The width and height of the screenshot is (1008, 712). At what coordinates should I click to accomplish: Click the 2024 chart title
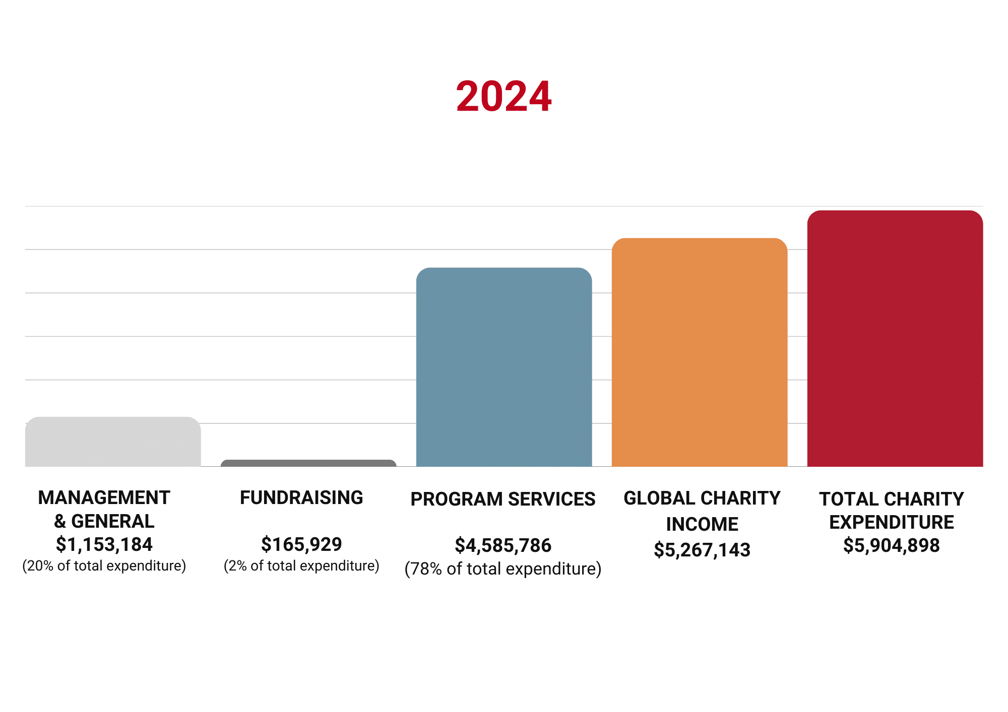(x=503, y=96)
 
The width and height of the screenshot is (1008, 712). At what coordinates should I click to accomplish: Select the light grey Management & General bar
(x=113, y=442)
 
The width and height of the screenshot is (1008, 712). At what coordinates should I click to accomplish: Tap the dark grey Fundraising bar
(x=308, y=463)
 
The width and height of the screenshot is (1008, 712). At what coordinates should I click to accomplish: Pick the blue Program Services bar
(x=504, y=367)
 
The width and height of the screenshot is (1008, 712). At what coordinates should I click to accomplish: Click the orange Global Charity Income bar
(x=700, y=352)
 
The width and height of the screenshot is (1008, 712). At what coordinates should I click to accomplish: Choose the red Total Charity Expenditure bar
(x=895, y=338)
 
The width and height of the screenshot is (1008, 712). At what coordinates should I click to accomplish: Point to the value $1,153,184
(x=104, y=544)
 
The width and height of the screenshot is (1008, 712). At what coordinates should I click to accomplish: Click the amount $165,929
(x=301, y=544)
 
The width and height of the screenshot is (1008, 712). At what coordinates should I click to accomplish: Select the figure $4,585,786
(x=503, y=545)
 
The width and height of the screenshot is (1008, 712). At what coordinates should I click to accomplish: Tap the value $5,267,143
(x=702, y=550)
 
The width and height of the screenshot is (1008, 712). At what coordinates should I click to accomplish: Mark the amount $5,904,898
(x=892, y=545)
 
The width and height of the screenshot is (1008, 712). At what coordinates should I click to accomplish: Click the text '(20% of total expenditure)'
(x=104, y=566)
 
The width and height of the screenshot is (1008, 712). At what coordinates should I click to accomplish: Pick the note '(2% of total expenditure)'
(x=301, y=566)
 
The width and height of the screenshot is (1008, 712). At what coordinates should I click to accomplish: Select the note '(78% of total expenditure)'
(x=503, y=569)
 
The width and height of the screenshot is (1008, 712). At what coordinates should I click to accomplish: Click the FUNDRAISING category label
(x=301, y=497)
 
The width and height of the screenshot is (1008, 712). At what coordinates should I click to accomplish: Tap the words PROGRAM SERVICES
(x=503, y=499)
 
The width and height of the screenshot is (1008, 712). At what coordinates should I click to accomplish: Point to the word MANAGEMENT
(x=104, y=497)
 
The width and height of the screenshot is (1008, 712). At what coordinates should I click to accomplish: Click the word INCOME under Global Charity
(x=702, y=524)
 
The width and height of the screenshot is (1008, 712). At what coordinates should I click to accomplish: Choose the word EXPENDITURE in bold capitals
(x=892, y=522)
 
